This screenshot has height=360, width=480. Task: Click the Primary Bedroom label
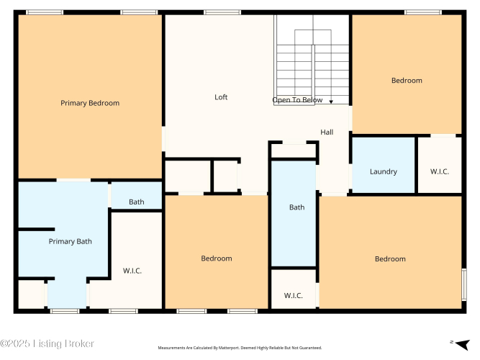tap(90, 103)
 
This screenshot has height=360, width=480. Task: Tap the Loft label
tap(221, 97)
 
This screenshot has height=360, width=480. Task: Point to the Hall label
tap(327, 132)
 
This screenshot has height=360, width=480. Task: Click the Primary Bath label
tap(70, 241)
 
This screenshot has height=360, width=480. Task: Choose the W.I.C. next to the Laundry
tap(440, 171)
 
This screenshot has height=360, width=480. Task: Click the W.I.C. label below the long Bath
tap(294, 296)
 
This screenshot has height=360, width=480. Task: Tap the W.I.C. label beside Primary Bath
tap(132, 271)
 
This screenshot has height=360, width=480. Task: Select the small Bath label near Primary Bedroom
tap(137, 202)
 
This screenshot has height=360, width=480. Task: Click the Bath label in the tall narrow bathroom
tap(297, 207)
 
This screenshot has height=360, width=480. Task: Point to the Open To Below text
tap(297, 100)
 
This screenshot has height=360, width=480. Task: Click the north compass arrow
tap(462, 344)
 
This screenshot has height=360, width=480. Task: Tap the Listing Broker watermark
tap(47, 343)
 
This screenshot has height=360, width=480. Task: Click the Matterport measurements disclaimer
tap(240, 348)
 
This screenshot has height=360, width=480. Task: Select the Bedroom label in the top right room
tap(407, 81)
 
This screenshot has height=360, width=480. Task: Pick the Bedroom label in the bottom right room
tap(390, 259)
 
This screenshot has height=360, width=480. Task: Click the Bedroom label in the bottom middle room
tap(217, 258)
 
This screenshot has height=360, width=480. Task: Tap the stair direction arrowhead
tap(331, 102)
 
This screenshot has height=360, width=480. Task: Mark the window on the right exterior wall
tap(464, 284)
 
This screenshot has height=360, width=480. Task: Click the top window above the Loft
tap(222, 12)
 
